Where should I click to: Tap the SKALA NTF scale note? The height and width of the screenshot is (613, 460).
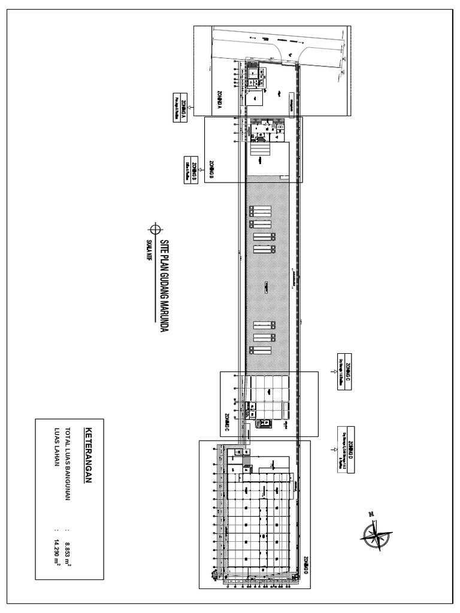[x=147, y=249]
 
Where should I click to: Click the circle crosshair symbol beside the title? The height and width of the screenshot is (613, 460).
[x=155, y=229]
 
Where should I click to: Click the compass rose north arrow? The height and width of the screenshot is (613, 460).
[x=375, y=532]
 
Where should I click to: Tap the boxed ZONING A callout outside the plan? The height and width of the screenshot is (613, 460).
[x=177, y=108]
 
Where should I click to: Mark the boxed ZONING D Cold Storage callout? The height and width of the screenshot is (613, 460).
[x=346, y=449]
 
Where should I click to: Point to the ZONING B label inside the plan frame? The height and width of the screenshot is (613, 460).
[x=211, y=170]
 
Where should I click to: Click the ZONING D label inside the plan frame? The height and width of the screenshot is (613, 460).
[x=304, y=565]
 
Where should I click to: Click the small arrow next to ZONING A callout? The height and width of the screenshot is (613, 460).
[x=190, y=107]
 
